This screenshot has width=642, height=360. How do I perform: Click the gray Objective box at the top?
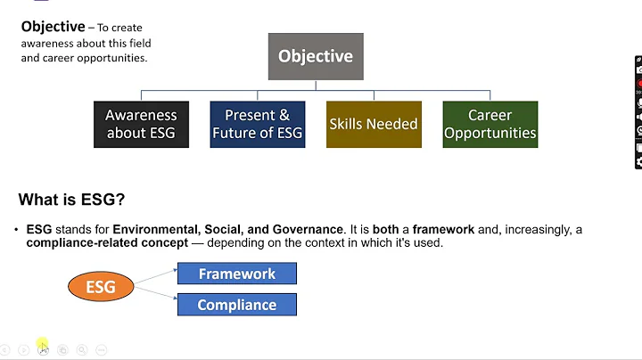[315, 56]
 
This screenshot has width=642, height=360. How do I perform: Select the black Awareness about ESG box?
[141, 125]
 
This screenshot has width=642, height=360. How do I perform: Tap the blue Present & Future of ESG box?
[257, 125]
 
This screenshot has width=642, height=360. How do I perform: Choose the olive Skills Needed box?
[373, 125]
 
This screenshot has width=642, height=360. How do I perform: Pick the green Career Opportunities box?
[490, 125]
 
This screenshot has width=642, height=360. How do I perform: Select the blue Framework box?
[236, 274]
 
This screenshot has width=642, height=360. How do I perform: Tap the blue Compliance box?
[236, 305]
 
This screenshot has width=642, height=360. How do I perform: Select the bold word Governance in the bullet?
[306, 229]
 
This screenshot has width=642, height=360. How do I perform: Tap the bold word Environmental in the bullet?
[154, 229]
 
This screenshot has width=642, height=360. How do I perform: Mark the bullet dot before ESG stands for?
[17, 230]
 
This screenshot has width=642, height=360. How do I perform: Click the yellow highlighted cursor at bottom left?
[42, 347]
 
